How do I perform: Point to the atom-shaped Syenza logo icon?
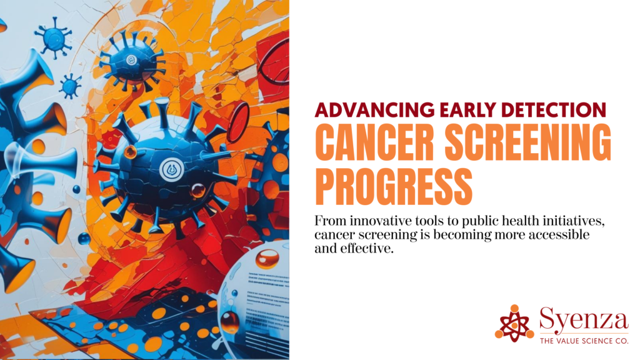514,322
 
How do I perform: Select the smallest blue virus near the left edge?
70,86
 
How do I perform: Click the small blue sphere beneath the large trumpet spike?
84,238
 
